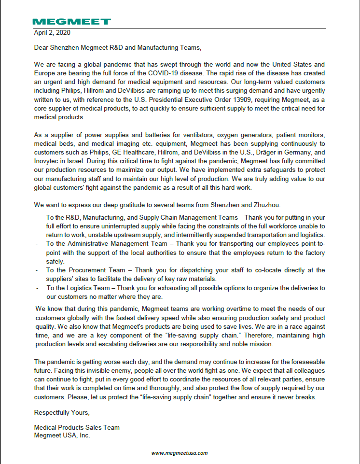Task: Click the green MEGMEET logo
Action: pos(71,22)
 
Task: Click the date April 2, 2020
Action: pos(52,33)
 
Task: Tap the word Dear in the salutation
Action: pos(42,48)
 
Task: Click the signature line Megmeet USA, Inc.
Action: pos(62,435)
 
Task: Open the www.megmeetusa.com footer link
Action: pos(180,453)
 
